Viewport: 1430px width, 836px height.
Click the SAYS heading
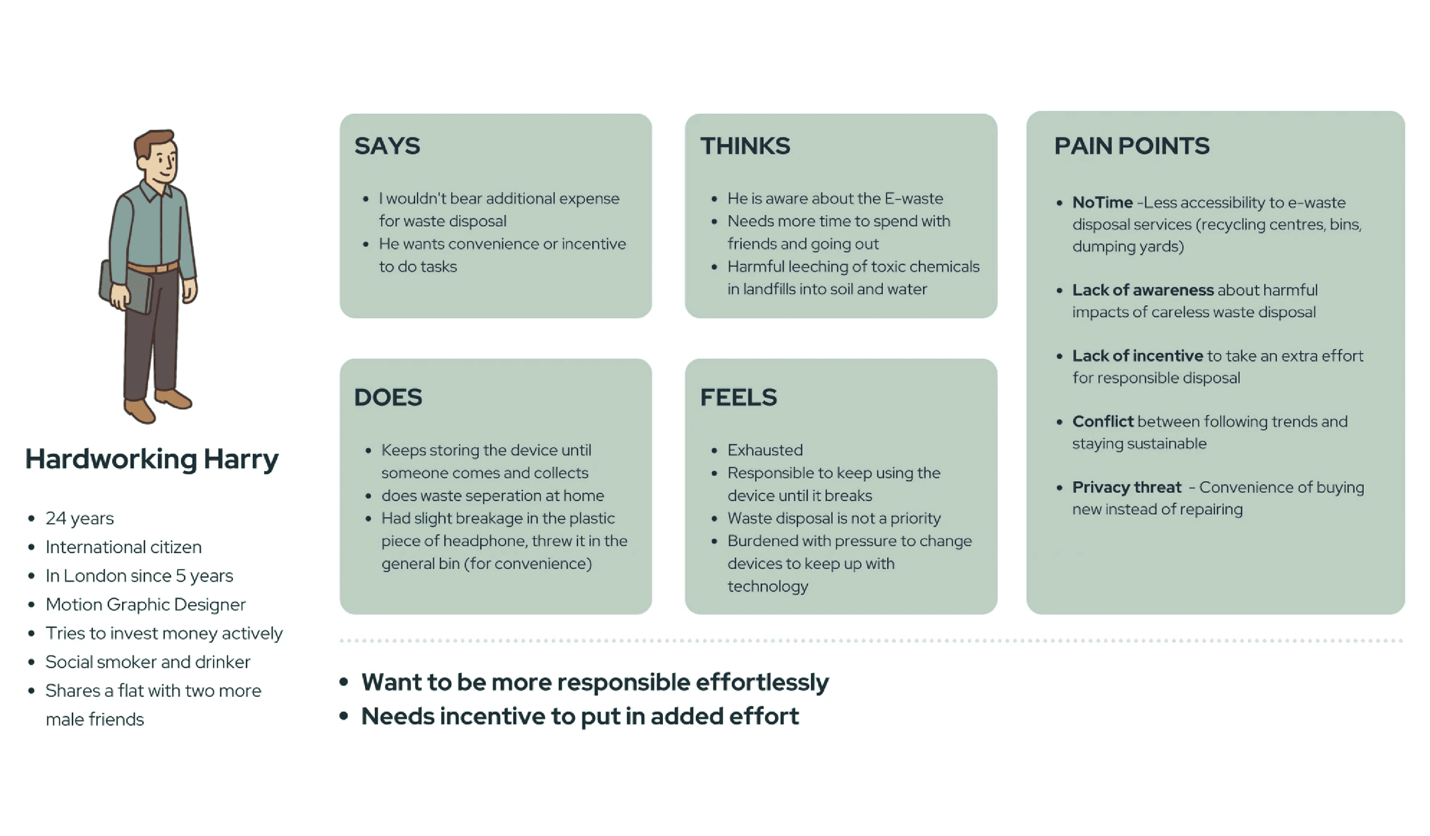coord(387,146)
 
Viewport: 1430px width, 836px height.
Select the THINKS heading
coord(745,146)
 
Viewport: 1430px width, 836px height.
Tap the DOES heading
coord(388,397)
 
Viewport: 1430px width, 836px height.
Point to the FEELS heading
coord(739,397)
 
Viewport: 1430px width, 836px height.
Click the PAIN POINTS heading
coord(1132,146)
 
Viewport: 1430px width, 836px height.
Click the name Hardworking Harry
coord(152,459)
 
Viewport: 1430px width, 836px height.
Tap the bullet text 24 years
coord(80,518)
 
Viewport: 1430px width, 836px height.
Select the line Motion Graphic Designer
coord(146,604)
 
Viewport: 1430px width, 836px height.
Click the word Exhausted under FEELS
coord(765,450)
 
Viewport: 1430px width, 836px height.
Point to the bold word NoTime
coord(1102,202)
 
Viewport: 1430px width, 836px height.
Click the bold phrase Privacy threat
coord(1127,487)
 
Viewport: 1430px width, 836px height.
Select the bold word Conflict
coord(1103,422)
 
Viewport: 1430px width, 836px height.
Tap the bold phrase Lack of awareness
coord(1143,290)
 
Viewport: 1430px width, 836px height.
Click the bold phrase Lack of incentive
coord(1138,356)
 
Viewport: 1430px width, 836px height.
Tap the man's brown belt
coord(152,269)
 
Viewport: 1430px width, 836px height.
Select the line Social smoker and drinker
coord(148,662)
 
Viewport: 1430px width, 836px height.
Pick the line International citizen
coord(124,547)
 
